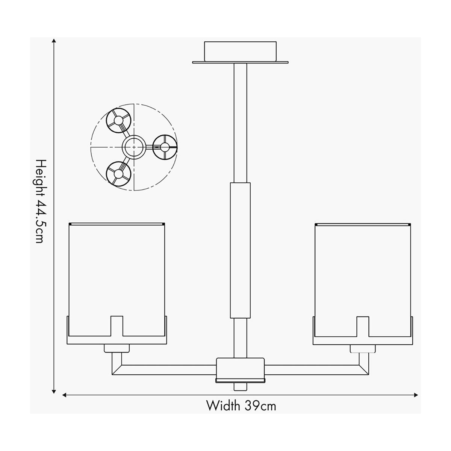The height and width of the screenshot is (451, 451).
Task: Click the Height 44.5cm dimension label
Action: tap(40, 201)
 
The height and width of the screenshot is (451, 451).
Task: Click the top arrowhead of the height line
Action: tap(54, 41)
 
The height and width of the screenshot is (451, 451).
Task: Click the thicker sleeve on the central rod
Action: tap(241, 250)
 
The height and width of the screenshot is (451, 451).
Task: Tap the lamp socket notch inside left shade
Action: tap(117, 326)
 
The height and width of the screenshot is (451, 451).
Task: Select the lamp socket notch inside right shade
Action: tap(363, 327)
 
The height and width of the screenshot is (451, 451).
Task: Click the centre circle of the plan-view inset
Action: tap(134, 147)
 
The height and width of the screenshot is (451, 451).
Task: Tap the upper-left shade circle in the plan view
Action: tap(118, 120)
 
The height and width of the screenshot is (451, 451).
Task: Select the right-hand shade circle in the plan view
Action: tap(165, 147)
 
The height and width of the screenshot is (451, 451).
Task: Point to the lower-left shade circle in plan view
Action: tap(118, 174)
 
